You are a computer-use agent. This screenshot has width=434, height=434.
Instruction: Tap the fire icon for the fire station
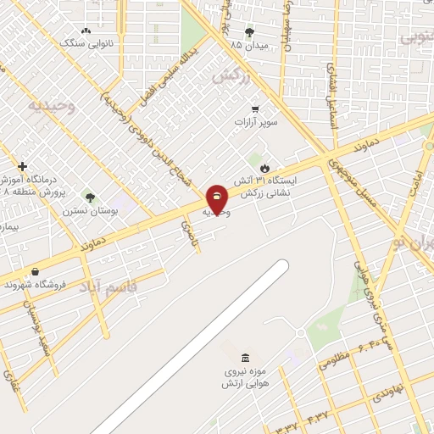pos(265,166)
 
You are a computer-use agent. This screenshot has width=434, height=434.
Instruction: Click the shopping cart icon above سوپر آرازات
pos(255,108)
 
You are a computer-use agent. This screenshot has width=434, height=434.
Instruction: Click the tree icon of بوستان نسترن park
pos(90,198)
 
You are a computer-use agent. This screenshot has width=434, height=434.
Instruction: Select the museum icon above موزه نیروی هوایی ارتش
pos(245,354)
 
